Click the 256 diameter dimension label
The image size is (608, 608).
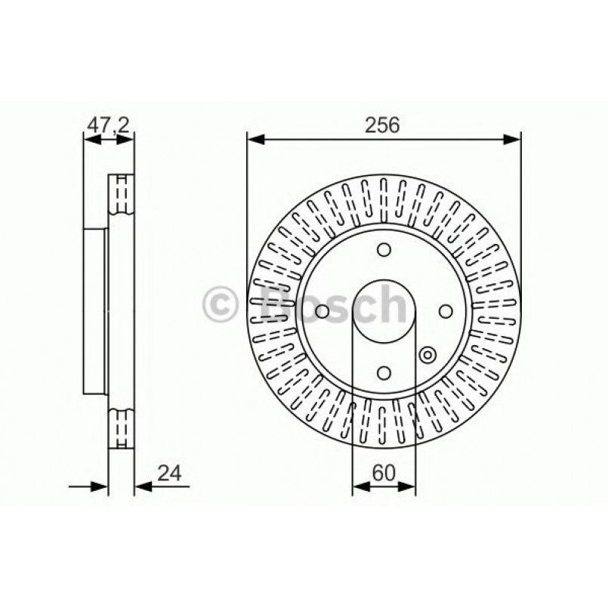384,125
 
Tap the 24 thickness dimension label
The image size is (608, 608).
169,474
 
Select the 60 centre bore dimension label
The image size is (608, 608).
384,474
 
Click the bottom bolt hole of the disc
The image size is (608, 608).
384,372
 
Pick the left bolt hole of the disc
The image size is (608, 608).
323,311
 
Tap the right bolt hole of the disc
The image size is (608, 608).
445,311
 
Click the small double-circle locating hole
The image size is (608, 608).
427,353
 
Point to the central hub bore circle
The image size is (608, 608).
384,311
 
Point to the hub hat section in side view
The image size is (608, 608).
94,311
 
